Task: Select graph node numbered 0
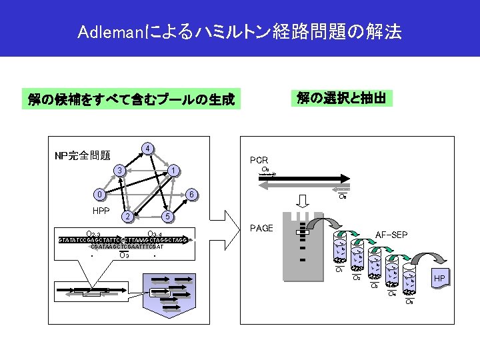[x=99, y=195]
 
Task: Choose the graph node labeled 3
[x=119, y=171]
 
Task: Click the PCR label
[x=259, y=161]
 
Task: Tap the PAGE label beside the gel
[x=261, y=229]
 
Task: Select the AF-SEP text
[x=392, y=235]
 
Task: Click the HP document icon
[x=440, y=278]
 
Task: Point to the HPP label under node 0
[x=101, y=211]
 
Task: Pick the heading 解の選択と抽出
[x=341, y=99]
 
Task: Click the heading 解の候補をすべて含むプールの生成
[x=131, y=100]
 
